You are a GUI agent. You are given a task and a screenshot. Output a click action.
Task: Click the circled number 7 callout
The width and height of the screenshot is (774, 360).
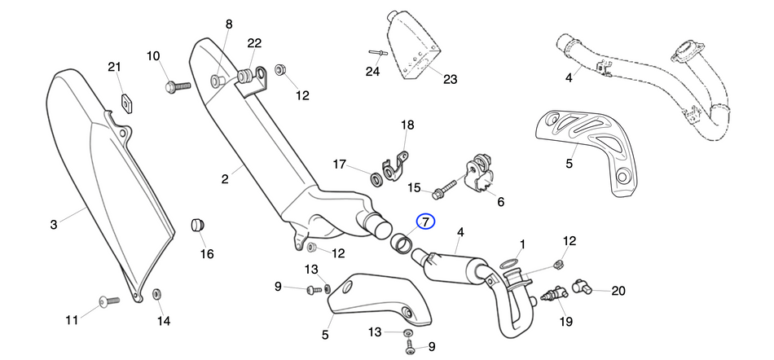pos(426,222)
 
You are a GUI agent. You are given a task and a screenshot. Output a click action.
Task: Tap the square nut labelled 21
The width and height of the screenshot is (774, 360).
pos(126,102)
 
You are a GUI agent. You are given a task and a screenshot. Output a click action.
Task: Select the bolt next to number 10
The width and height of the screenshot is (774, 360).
pos(178,84)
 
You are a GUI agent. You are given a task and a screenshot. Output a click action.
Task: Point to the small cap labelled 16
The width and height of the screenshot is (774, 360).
pos(197,225)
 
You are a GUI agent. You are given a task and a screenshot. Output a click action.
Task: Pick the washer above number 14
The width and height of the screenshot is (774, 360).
pos(156,292)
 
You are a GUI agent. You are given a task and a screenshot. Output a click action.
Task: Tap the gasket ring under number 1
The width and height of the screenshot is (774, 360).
pos(508,264)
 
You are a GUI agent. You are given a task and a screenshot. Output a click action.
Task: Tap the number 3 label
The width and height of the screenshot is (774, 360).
pos(54,223)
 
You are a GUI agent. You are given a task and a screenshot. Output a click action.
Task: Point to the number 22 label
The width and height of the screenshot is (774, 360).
pos(254,43)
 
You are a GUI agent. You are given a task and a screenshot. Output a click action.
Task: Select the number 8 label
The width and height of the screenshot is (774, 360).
pos(229,24)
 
